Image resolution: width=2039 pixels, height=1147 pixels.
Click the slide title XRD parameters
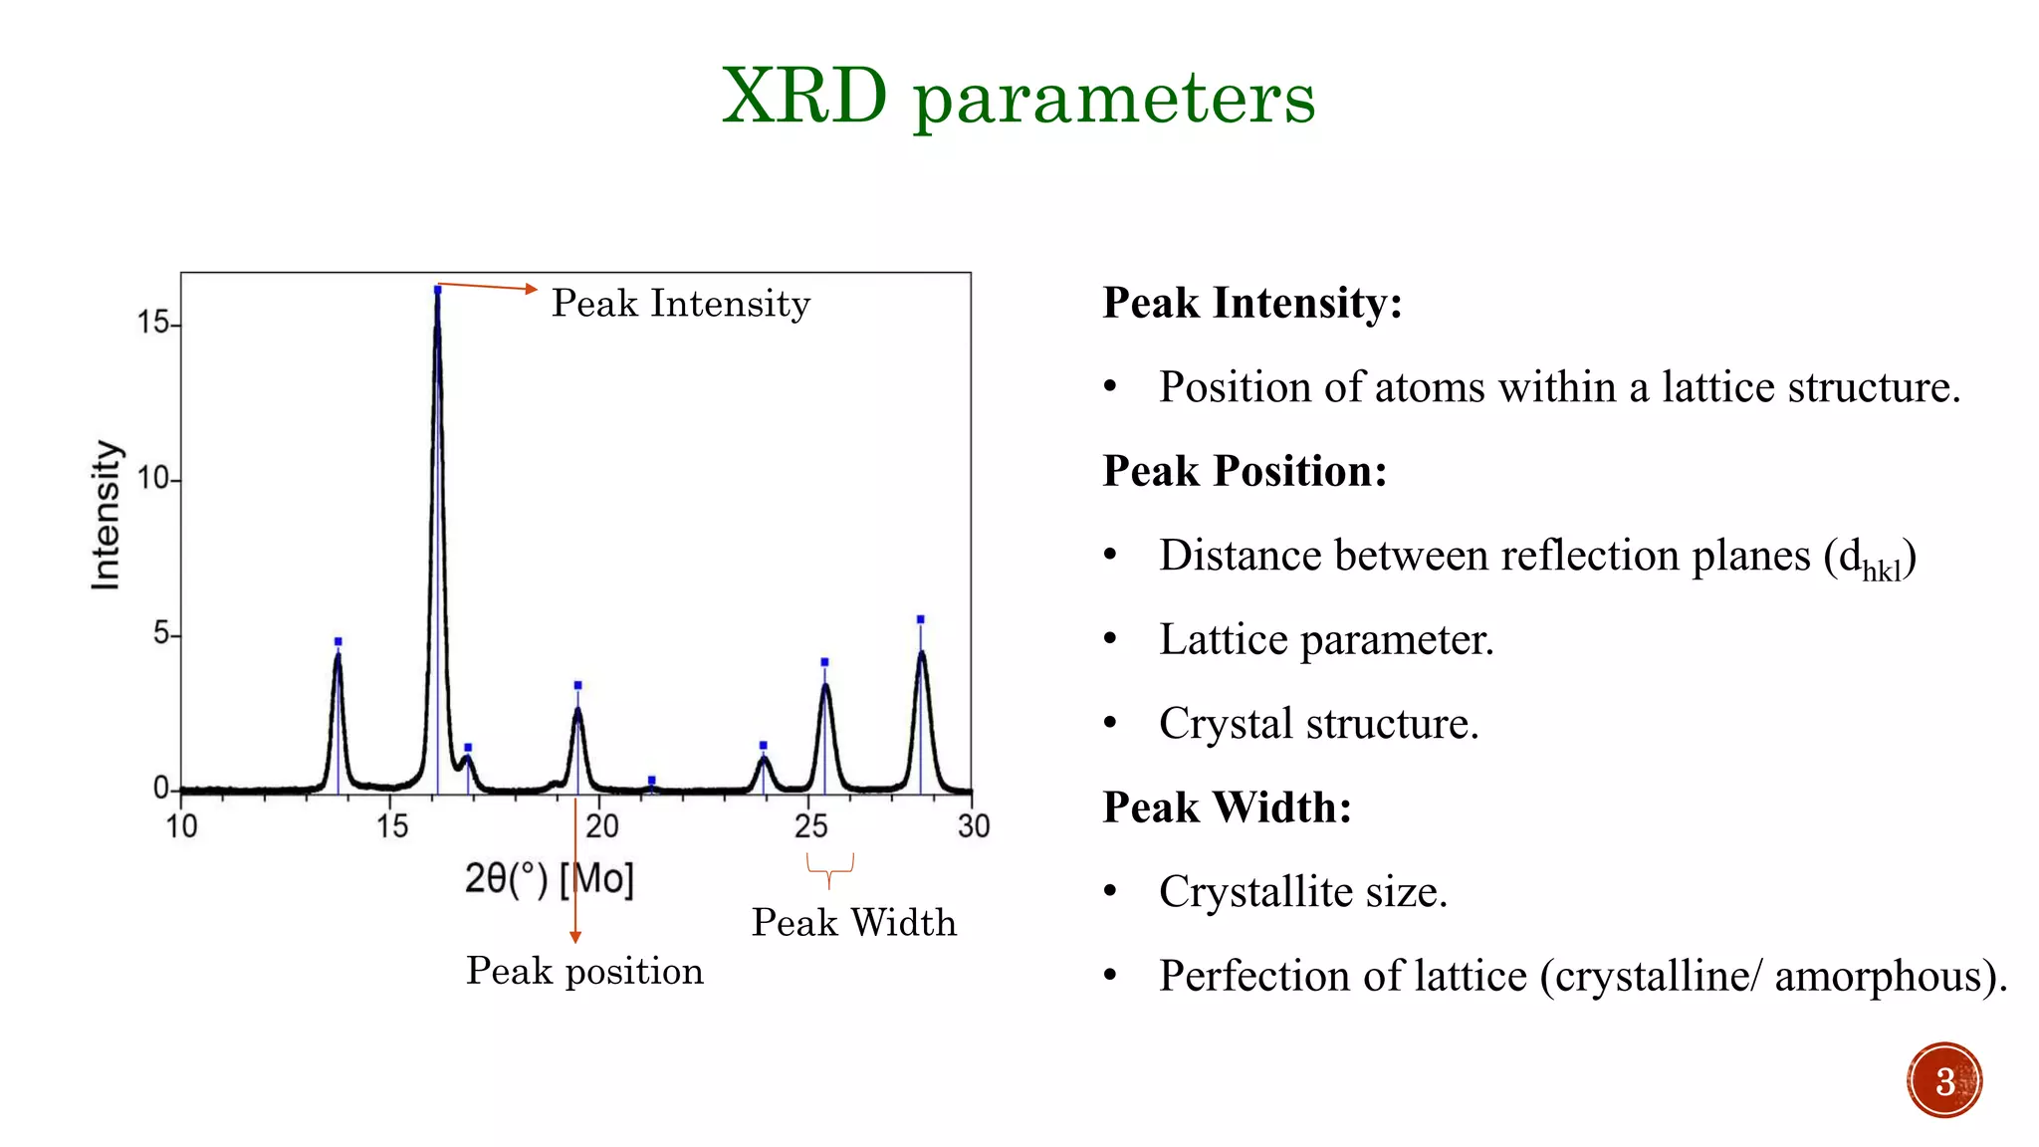pos(1019,97)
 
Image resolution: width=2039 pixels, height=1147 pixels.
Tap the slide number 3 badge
pos(1944,1080)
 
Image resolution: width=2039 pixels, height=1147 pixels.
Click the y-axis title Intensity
pos(106,515)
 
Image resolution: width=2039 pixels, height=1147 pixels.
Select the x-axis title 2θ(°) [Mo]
pos(549,878)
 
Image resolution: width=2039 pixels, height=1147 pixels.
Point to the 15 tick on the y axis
pos(154,323)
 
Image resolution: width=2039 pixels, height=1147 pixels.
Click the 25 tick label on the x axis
pos(811,825)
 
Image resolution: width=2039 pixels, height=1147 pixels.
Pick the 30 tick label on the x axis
pos(974,825)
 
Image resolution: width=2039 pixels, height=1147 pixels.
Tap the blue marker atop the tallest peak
pos(437,290)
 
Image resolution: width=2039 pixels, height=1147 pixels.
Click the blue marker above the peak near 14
pos(338,641)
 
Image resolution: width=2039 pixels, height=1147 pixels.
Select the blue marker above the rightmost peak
pos(920,619)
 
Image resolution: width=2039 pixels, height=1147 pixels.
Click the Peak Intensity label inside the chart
pos(681,304)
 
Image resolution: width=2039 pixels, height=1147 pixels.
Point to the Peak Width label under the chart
pos(853,922)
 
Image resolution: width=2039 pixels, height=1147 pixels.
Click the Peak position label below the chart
pos(584,971)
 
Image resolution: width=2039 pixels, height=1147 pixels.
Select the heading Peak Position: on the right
pos(1245,471)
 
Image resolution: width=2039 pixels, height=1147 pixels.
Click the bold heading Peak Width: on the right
pos(1227,807)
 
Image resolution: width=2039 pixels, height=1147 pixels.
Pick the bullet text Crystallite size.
pos(1302,891)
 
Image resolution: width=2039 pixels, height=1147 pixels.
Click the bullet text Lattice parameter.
pos(1326,639)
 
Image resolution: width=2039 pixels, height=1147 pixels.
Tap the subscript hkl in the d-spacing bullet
pos(1882,571)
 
